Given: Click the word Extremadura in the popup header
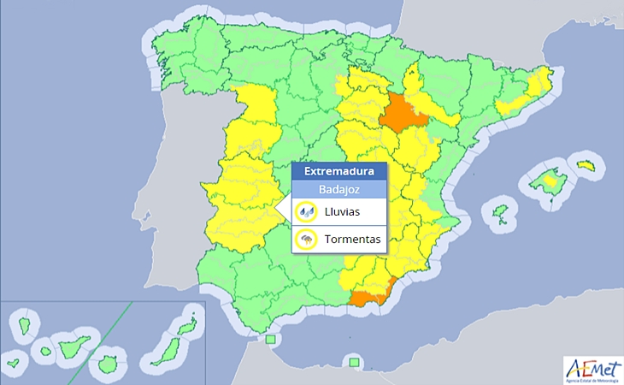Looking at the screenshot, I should (338, 171).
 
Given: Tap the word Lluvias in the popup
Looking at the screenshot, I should (342, 211).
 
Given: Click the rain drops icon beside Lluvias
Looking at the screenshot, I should (305, 212).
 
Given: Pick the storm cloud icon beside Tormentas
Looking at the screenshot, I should (305, 240).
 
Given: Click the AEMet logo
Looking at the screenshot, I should (592, 368).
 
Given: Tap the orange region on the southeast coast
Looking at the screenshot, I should (369, 296).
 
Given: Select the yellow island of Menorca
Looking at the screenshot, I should (585, 164).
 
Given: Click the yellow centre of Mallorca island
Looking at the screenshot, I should (548, 180).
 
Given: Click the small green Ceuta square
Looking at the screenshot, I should (271, 340).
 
